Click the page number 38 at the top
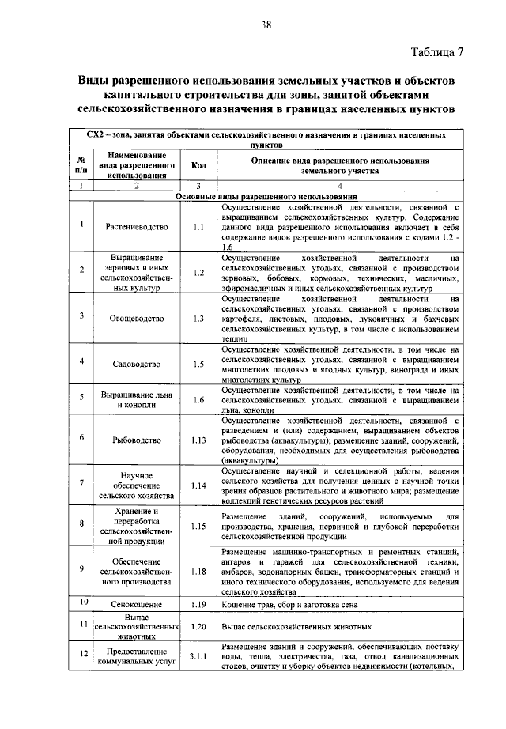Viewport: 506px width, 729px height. tap(266, 25)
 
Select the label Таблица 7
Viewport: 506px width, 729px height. tap(437, 53)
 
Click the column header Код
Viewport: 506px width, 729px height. tap(198, 166)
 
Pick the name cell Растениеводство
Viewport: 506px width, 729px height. tap(137, 226)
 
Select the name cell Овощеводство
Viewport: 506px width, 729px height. tap(137, 318)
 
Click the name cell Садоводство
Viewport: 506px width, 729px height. tap(137, 363)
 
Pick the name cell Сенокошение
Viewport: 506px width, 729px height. tap(137, 604)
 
